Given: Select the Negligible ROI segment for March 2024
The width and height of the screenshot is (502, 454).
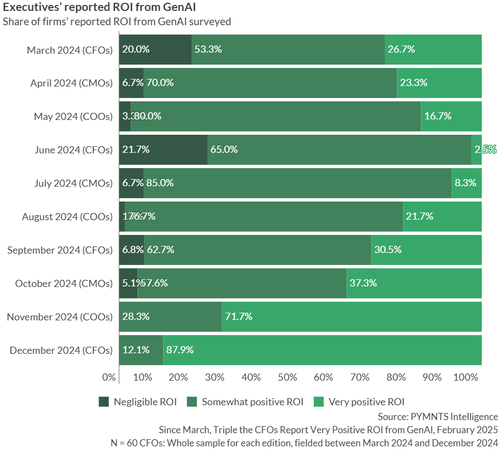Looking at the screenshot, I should point(155,49).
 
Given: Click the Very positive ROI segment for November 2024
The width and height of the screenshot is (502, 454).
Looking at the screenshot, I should point(351,317).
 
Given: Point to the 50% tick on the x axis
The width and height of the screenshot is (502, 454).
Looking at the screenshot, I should point(287,377).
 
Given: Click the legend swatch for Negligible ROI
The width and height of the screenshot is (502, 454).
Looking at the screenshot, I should point(104,402).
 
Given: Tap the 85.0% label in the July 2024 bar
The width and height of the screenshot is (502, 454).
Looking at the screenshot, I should point(160,183).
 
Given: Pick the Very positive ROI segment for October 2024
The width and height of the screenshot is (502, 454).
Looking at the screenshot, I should point(414,283).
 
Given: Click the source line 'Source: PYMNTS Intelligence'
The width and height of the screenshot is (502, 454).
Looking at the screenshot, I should point(438,417).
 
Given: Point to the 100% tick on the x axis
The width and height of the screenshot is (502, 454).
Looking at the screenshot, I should point(466,377).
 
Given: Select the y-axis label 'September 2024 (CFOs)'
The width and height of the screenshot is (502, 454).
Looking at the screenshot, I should point(60,250).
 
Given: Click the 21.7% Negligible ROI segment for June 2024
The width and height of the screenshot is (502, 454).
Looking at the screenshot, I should point(163,150).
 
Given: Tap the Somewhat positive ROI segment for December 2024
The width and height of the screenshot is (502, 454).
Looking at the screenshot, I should point(141,350).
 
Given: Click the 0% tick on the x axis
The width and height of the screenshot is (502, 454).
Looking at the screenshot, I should point(109,377).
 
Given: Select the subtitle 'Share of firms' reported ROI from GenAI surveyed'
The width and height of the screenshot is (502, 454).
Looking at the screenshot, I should point(117,22).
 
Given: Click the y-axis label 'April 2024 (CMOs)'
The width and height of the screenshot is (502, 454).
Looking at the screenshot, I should point(71,83).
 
